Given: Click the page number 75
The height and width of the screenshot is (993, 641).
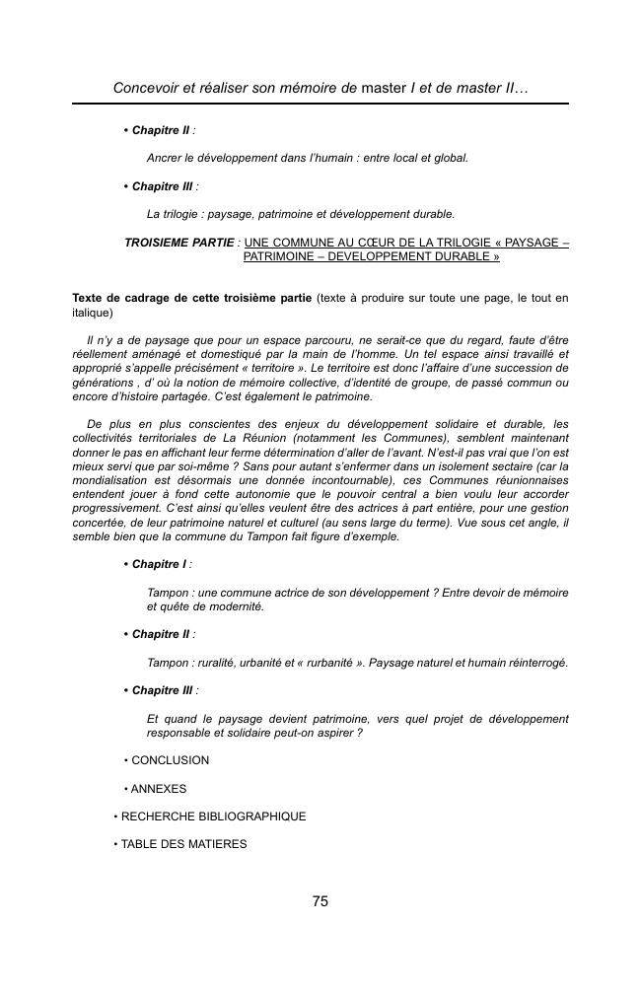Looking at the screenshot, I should pos(320,901).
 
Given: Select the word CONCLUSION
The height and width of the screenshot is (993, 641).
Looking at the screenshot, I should pos(171,760).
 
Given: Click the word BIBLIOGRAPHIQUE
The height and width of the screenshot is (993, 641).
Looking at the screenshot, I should pos(246,816).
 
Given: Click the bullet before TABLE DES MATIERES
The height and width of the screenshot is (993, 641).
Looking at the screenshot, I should pos(116,844).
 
